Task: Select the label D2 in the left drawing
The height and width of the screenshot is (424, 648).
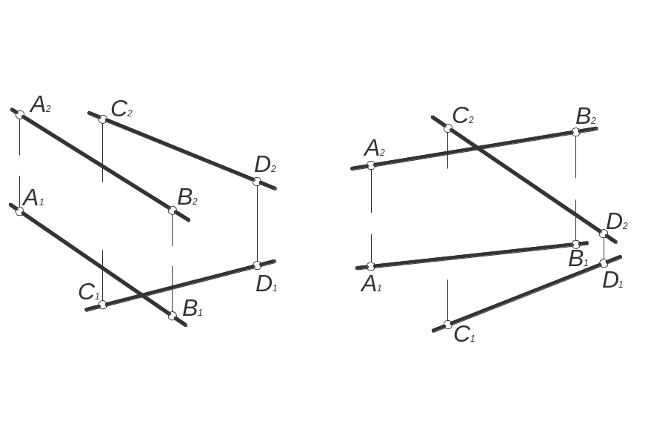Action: [x=265, y=164]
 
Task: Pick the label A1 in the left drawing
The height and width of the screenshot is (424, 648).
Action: [x=33, y=198]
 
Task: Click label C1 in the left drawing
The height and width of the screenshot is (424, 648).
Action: [x=89, y=291]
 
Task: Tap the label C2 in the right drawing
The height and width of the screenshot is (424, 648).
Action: [x=463, y=116]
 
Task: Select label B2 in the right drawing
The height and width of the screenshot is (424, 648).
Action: [x=587, y=116]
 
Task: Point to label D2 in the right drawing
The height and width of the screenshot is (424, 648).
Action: [x=617, y=221]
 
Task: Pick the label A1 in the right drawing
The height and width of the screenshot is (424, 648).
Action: [x=372, y=283]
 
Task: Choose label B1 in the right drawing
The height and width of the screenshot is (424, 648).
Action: [x=578, y=259]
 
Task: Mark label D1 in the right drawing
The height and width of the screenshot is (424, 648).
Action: [x=612, y=281]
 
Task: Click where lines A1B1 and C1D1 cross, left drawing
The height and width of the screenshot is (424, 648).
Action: [x=141, y=296]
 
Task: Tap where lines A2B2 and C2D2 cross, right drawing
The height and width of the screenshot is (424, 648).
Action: [x=479, y=148]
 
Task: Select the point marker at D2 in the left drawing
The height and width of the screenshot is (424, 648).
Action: [x=257, y=182]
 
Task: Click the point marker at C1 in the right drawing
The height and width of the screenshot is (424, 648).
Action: [x=447, y=325]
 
